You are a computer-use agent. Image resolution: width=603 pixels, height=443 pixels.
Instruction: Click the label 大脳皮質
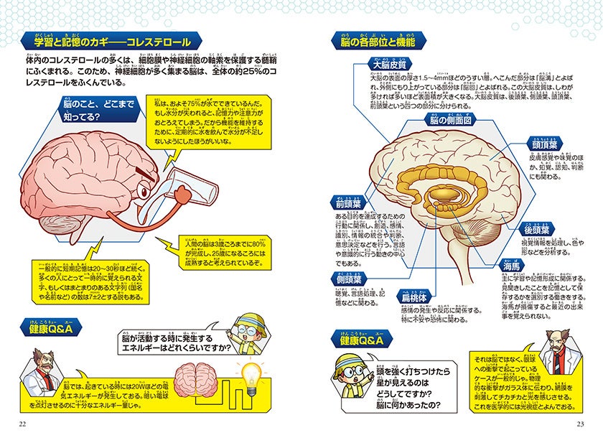pos(388,64)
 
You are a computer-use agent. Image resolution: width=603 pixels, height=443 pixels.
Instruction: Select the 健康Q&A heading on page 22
pos(55,328)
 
